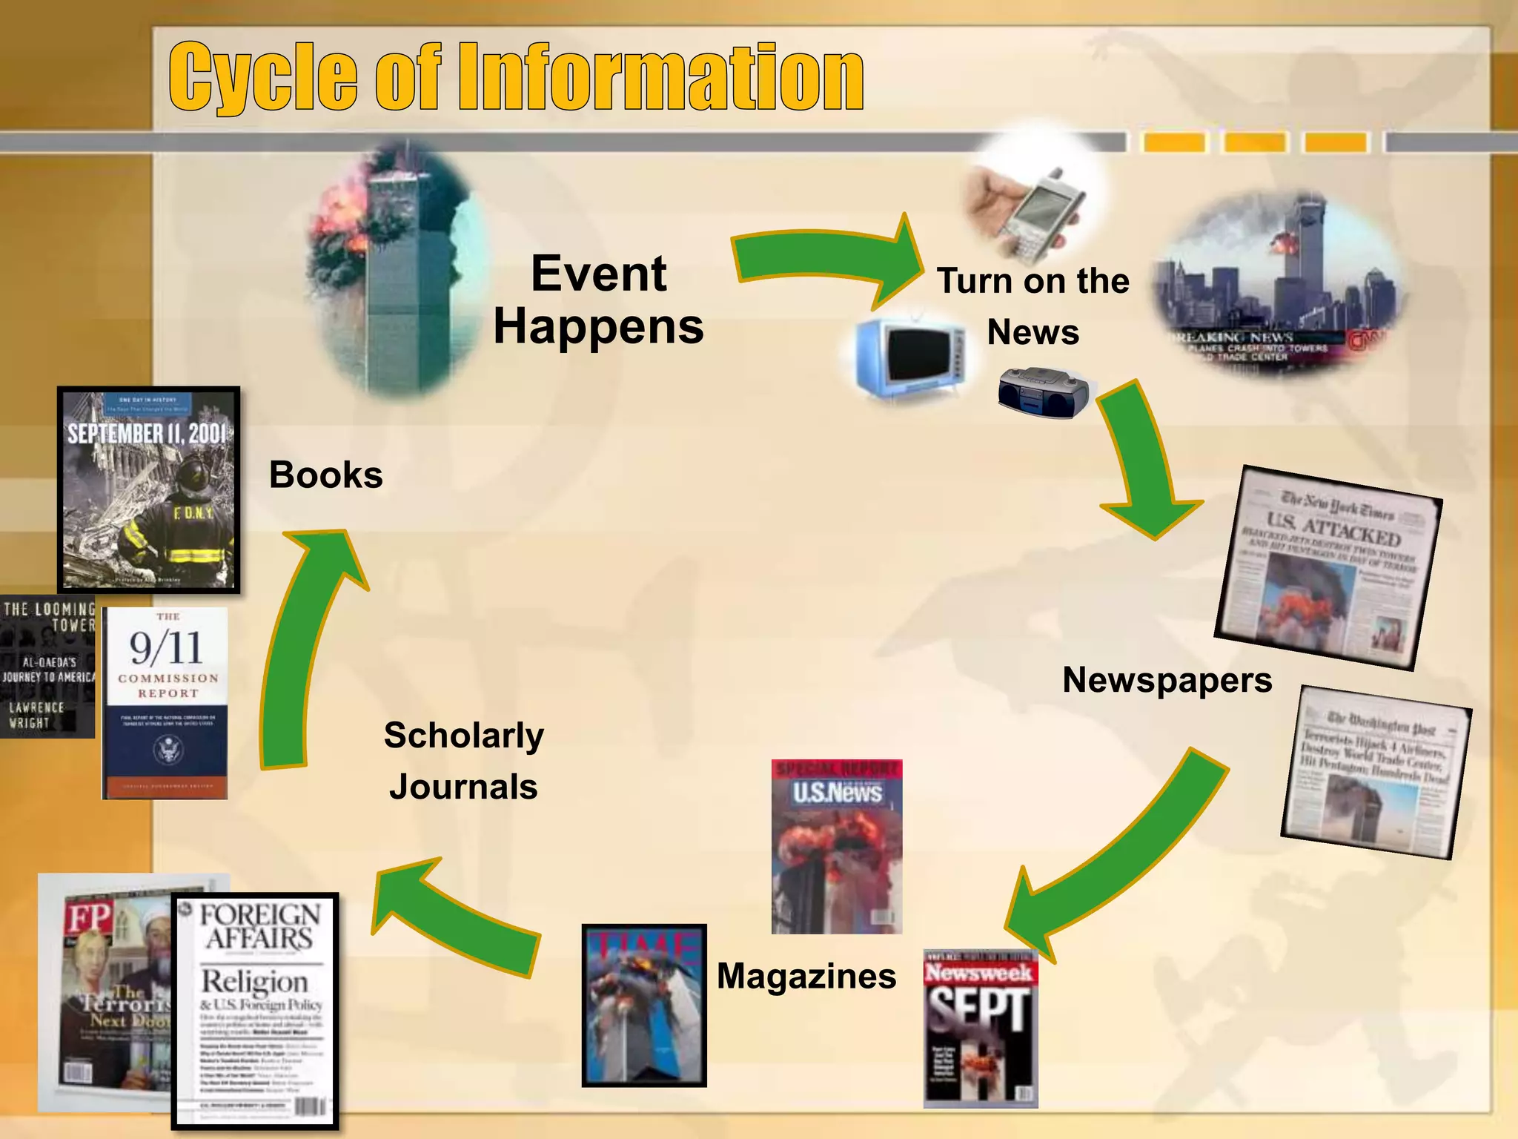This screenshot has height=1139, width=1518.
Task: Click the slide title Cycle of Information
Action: (516, 77)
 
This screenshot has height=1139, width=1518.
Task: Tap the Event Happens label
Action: (599, 300)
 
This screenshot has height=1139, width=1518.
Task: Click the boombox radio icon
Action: (1042, 392)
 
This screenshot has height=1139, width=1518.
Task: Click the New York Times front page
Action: (1328, 567)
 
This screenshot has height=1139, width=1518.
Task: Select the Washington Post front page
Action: (1376, 772)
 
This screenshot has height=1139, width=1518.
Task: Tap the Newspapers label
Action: (1167, 680)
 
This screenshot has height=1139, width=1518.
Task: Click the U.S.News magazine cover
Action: (836, 846)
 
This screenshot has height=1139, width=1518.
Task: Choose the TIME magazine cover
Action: (643, 1005)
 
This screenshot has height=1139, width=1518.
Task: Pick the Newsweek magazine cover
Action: (980, 1029)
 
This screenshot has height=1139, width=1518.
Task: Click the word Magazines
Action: (806, 976)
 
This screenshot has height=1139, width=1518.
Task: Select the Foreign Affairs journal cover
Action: (256, 1010)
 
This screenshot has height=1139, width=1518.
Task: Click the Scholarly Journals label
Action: (464, 761)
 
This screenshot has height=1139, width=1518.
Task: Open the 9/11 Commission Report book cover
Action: (165, 703)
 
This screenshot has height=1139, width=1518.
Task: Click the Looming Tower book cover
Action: (47, 666)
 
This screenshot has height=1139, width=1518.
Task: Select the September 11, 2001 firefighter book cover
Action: (148, 489)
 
